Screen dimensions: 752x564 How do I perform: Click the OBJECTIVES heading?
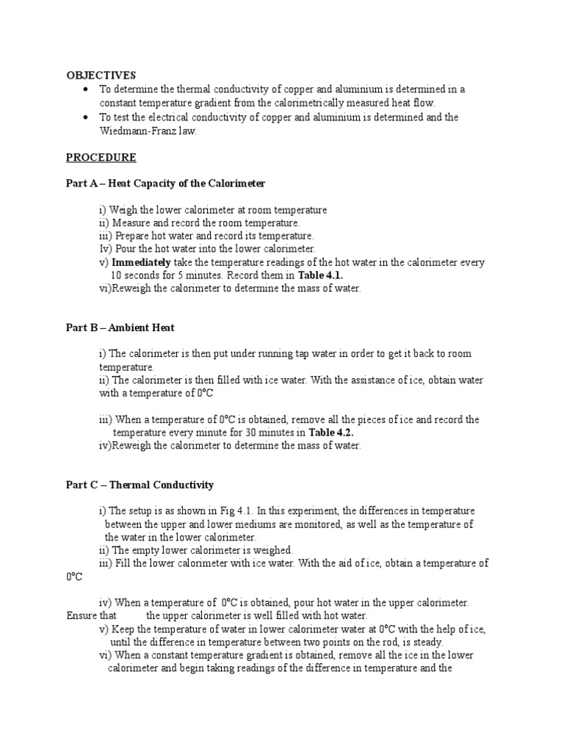click(101, 75)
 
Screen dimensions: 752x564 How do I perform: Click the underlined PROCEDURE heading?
click(101, 157)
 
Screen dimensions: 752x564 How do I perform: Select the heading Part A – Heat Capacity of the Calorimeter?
click(165, 184)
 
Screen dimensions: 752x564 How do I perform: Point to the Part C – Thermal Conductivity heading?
click(140, 485)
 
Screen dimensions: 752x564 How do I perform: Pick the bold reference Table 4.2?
click(331, 433)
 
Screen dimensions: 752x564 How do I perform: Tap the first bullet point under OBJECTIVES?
click(86, 90)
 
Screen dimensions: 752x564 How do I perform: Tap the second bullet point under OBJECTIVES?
click(86, 117)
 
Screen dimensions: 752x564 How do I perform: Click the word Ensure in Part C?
click(82, 615)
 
